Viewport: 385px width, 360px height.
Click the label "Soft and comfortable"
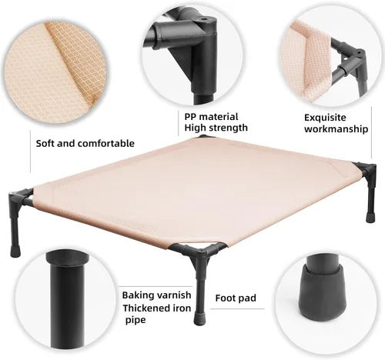[85, 143]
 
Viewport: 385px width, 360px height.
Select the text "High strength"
[216, 128]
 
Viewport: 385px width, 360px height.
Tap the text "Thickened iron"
[159, 308]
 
